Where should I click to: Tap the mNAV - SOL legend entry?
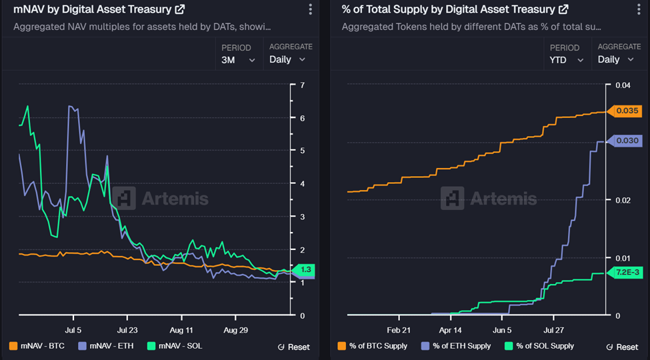pos(174,346)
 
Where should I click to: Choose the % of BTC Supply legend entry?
pos(373,346)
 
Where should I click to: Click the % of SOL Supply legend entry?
pos(539,346)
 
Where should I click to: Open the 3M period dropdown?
pos(238,59)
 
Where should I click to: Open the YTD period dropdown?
pos(567,59)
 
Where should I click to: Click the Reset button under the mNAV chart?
pos(293,347)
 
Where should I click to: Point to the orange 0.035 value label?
pos(627,111)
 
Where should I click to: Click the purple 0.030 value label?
pos(627,141)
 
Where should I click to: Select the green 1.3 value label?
pos(306,269)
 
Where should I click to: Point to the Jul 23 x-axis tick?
pos(127,330)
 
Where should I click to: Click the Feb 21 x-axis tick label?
pos(399,330)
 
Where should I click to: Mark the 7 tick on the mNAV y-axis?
pos(303,85)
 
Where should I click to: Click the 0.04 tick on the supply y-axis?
pos(622,85)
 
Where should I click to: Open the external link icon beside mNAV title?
pos(179,9)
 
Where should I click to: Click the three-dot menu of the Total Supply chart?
pos(639,9)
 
